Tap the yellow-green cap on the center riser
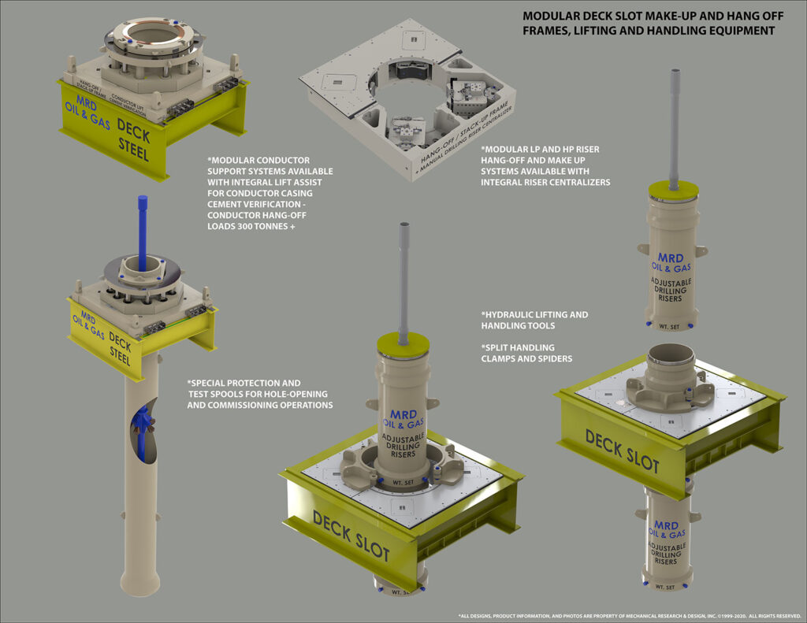[403, 343]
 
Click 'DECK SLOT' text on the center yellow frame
[351, 535]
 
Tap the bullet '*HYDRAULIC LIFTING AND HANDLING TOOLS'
[534, 320]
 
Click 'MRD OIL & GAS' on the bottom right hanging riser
[666, 529]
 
